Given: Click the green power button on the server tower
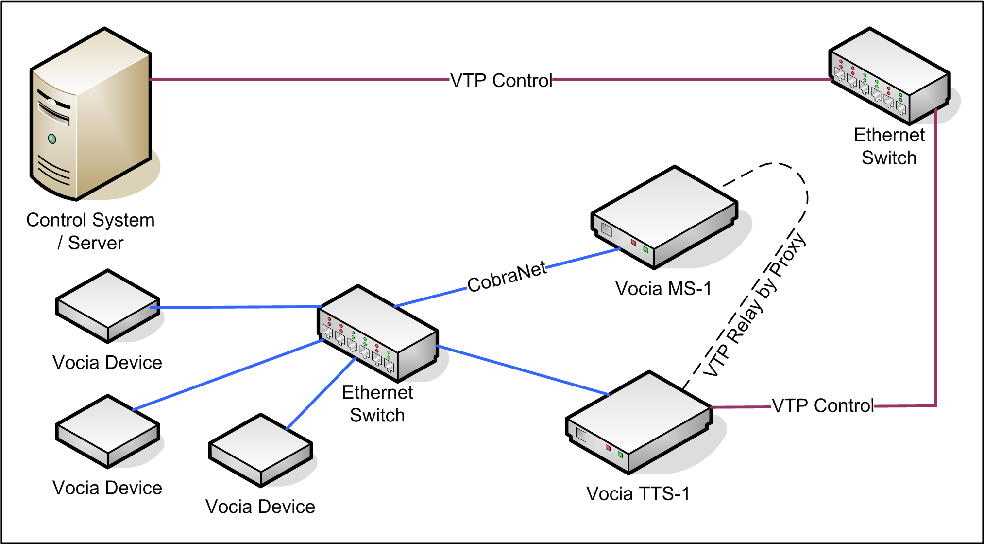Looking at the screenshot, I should click(52, 139).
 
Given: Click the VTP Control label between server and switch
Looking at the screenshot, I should click(501, 81).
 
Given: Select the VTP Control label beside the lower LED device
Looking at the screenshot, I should click(822, 406).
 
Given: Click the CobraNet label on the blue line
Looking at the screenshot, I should click(507, 278).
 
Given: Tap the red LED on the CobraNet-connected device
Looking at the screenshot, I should click(633, 242).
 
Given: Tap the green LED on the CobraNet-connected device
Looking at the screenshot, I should click(645, 249).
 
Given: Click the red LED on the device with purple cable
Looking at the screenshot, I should click(608, 447).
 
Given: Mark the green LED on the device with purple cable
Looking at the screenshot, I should click(620, 455).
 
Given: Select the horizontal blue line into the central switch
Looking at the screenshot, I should click(238, 307).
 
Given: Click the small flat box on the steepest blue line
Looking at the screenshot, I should click(261, 450).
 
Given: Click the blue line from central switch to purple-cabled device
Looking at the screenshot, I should click(522, 369).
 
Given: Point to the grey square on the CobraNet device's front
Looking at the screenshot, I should click(607, 229).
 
